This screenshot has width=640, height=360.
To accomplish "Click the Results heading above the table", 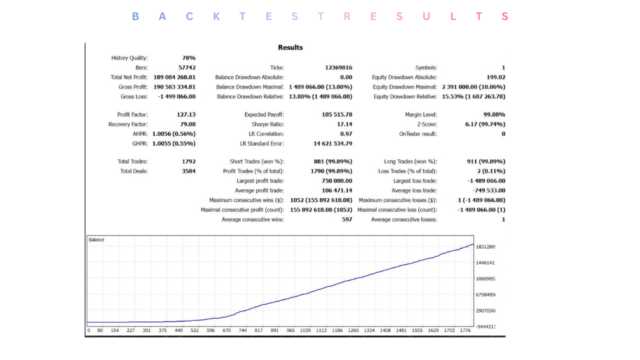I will pyautogui.click(x=290, y=47).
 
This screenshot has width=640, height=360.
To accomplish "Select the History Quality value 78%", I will pyautogui.click(x=189, y=58).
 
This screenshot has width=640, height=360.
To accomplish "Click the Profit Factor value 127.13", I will pyautogui.click(x=186, y=114).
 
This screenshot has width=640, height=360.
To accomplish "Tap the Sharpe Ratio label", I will pyautogui.click(x=267, y=124).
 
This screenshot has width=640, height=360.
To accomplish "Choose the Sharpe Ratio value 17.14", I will pyautogui.click(x=345, y=124).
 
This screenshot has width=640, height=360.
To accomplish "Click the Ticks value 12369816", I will pyautogui.click(x=338, y=67).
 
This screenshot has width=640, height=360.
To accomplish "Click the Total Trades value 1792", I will pyautogui.click(x=189, y=161).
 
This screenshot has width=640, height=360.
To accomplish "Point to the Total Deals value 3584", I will pyautogui.click(x=189, y=171).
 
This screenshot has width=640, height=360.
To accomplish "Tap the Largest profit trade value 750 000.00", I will pyautogui.click(x=333, y=181).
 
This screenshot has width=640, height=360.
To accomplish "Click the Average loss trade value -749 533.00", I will pyautogui.click(x=488, y=190).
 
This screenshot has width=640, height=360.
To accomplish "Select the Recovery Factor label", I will pyautogui.click(x=128, y=124).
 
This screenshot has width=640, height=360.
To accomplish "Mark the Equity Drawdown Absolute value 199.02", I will pyautogui.click(x=496, y=77).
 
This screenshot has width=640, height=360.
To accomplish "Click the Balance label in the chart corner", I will pyautogui.click(x=96, y=240).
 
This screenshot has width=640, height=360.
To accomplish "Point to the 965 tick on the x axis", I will pyautogui.click(x=290, y=330).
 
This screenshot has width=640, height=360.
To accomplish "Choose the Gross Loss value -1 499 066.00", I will pyautogui.click(x=176, y=96).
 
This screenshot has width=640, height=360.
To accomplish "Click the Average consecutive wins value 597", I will pyautogui.click(x=347, y=219).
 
